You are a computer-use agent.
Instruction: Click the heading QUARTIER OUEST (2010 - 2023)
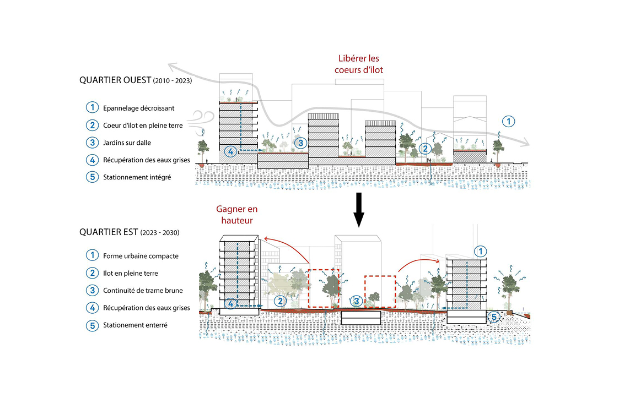(136, 80)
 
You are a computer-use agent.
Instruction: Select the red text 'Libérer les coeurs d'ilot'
(358, 64)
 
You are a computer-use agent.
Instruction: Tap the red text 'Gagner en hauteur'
(236, 214)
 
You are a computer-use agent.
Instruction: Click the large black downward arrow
(359, 210)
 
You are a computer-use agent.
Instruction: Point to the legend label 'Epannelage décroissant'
(139, 108)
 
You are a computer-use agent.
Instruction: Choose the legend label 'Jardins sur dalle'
(127, 143)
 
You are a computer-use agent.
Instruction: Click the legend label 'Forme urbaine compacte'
(141, 256)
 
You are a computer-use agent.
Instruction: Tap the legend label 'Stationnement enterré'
(135, 325)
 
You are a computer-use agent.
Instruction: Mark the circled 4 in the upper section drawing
(231, 151)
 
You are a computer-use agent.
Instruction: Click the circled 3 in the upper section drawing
(300, 143)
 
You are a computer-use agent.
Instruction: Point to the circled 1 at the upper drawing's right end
(508, 121)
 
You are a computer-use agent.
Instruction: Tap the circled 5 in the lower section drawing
(494, 316)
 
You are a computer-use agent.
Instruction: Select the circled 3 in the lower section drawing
(357, 301)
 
